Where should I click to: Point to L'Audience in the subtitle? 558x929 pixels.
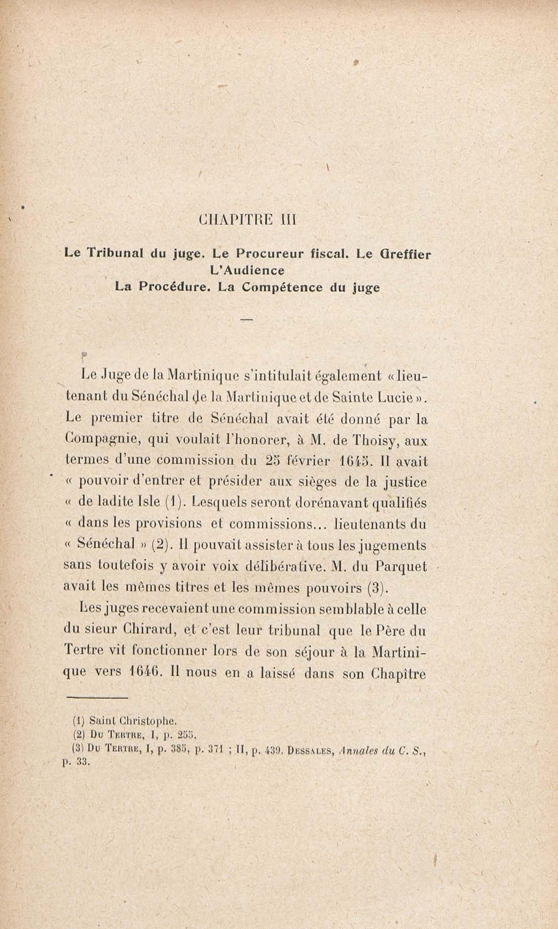pyautogui.click(x=247, y=270)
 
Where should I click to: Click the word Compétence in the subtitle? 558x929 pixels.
pyautogui.click(x=282, y=287)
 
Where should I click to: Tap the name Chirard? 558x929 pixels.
pyautogui.click(x=151, y=629)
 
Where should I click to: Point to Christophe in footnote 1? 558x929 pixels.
pyautogui.click(x=147, y=721)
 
